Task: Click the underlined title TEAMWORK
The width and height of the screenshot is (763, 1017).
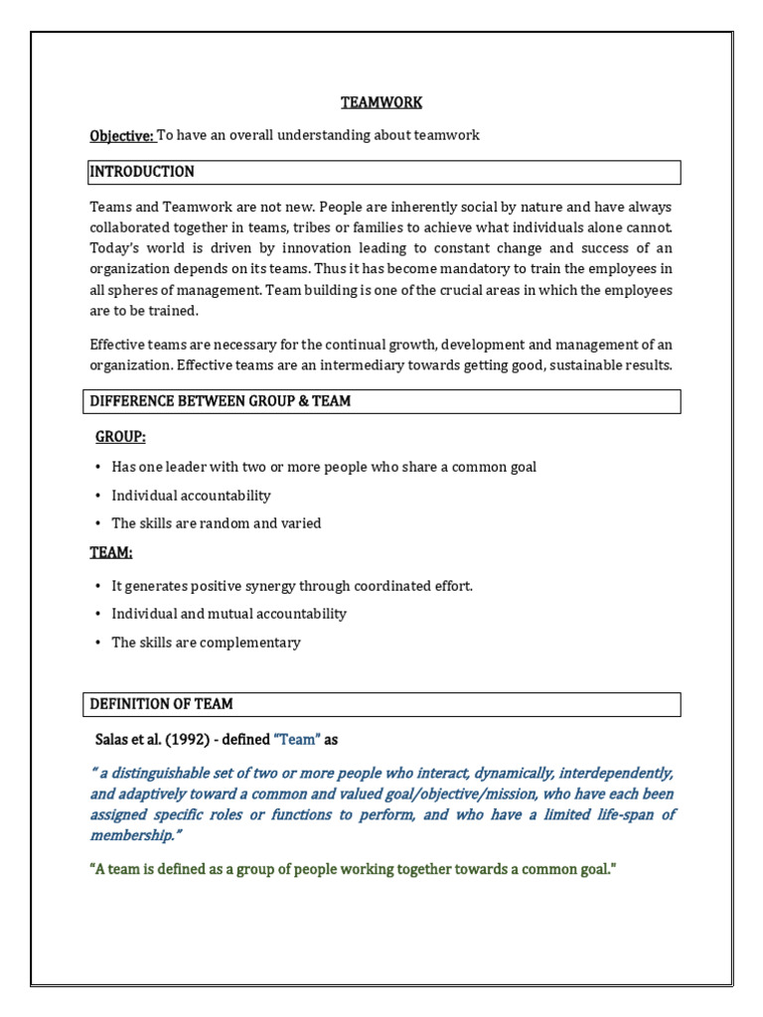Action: point(381,102)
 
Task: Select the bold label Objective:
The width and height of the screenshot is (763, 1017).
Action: point(122,135)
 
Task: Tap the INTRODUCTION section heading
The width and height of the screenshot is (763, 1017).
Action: point(142,172)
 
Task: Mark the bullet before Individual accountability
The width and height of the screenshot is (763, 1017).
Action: point(98,496)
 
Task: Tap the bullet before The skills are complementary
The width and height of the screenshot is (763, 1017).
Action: point(98,643)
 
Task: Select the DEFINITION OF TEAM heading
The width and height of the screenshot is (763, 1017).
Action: point(162,704)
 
